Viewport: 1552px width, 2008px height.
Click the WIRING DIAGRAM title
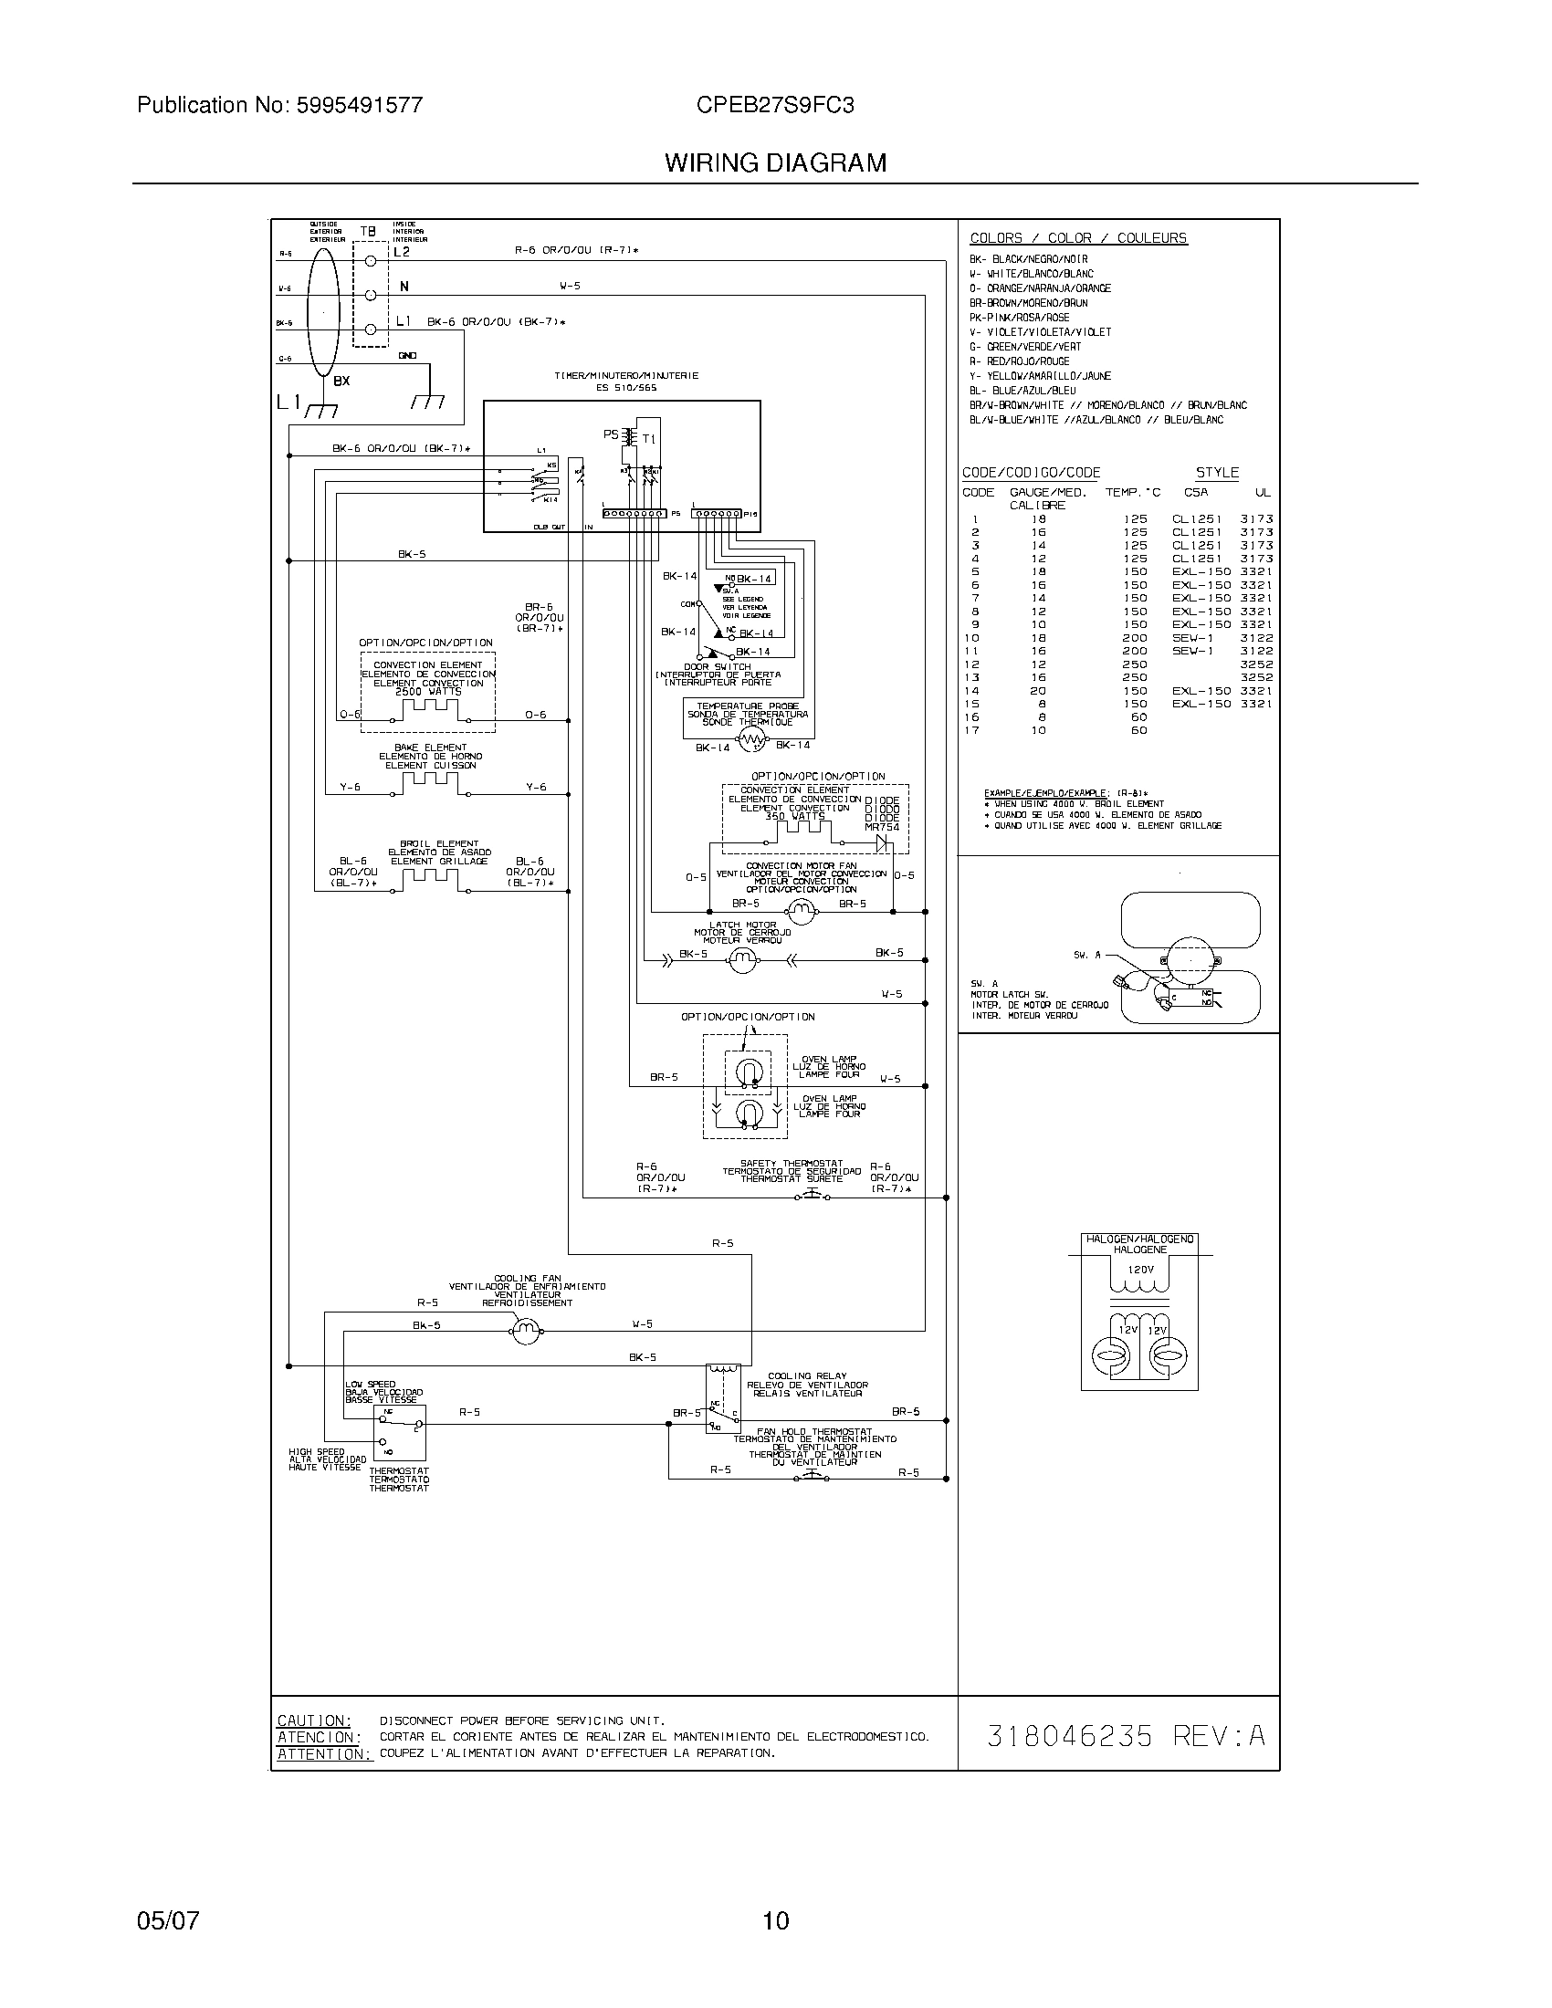[775, 162]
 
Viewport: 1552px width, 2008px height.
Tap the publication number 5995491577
[359, 105]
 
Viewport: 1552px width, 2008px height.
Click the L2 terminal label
[402, 251]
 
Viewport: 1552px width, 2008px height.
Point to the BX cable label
[341, 381]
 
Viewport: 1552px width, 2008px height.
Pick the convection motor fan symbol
[802, 910]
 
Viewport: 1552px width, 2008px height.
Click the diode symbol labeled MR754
[886, 842]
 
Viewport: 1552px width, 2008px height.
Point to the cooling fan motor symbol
[525, 1329]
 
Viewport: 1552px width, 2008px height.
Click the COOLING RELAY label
[806, 1376]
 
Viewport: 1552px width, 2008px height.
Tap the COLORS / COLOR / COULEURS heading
[1077, 238]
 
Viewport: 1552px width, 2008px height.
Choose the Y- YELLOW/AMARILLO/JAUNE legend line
[1040, 376]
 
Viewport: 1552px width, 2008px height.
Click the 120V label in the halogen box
[1139, 1270]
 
